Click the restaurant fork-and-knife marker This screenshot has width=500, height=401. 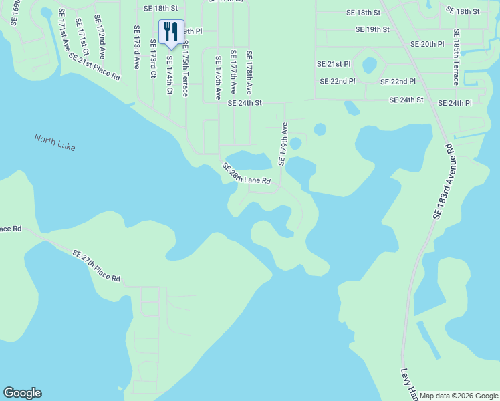tap(171, 32)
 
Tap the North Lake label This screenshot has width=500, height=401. tap(55, 142)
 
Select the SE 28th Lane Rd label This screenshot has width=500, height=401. tap(246, 174)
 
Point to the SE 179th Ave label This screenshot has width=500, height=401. tap(283, 144)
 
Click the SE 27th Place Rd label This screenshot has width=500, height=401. tap(96, 265)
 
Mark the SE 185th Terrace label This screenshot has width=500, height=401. tap(456, 57)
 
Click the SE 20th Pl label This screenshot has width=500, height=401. tap(427, 44)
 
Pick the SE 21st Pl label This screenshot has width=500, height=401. tap(334, 64)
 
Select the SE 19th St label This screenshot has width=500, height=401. tap(372, 29)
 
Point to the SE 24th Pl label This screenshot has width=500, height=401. tap(455, 104)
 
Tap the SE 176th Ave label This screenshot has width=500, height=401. tap(218, 78)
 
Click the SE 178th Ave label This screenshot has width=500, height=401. tap(249, 72)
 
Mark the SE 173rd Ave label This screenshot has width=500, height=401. tap(136, 47)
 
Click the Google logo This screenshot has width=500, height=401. tap(22, 393)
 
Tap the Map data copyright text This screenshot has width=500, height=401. tap(459, 396)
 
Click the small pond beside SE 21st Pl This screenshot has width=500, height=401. tap(369, 65)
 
